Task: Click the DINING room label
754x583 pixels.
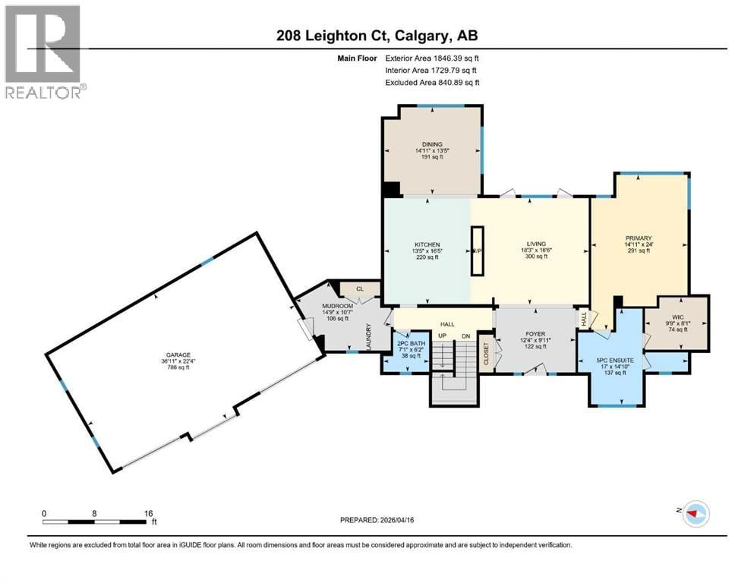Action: [x=432, y=144]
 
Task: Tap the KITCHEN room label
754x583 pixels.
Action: [x=427, y=244]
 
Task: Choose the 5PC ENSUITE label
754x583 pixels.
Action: [x=616, y=360]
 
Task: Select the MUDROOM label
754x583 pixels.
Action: [x=317, y=305]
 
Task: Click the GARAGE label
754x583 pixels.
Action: [x=179, y=355]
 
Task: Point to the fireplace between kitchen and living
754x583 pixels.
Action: [x=478, y=251]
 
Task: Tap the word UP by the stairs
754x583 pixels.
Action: [x=440, y=336]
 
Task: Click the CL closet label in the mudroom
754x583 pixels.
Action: [x=360, y=288]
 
